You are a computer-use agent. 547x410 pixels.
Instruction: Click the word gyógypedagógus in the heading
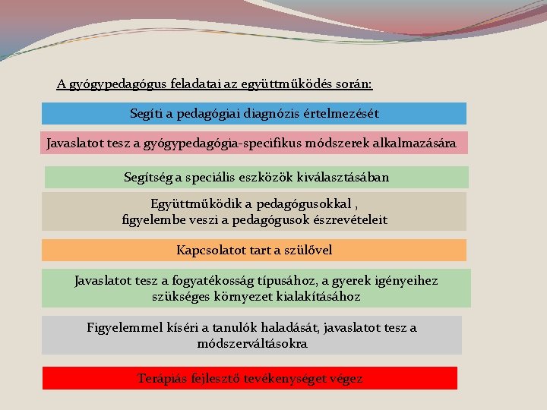114,84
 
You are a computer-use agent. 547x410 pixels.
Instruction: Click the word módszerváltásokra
252,343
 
